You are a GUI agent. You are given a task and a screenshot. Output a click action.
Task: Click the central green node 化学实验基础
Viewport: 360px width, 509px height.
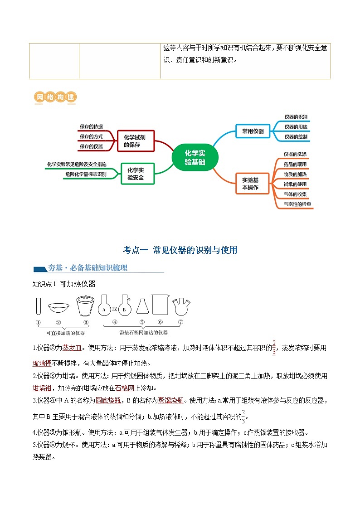[x=195, y=157]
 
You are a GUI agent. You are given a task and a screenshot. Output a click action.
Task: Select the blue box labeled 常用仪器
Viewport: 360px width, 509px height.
[x=253, y=131]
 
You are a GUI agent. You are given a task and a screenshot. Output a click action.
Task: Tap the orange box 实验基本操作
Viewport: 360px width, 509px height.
[x=253, y=184]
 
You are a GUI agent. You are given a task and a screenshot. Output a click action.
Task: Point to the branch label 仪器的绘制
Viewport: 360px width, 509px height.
[x=295, y=136]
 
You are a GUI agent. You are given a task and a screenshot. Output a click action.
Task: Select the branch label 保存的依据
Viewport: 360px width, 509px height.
[x=91, y=126]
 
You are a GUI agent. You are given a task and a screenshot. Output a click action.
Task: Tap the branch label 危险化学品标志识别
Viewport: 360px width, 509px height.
[x=86, y=174]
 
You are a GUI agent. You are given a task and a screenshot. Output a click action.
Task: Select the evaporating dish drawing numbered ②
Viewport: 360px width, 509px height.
[x=59, y=308]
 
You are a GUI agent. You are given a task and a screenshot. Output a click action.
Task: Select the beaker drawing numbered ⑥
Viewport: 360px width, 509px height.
[x=161, y=305]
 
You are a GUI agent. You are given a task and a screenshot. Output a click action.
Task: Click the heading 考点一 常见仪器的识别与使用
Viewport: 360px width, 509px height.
[x=180, y=250]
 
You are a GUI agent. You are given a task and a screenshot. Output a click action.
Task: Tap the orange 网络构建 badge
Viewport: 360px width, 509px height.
[x=55, y=97]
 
